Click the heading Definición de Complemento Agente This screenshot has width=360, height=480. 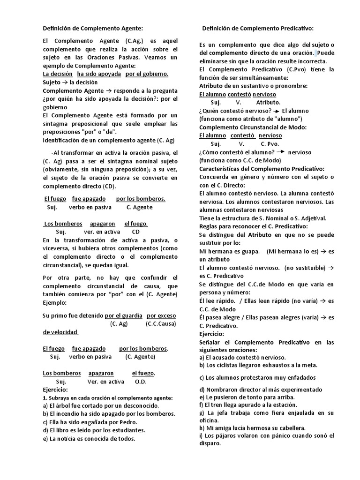(x=92, y=29)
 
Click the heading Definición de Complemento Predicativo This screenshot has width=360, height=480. (x=257, y=29)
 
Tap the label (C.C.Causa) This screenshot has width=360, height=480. (x=161, y=323)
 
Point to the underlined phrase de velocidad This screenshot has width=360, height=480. (x=60, y=332)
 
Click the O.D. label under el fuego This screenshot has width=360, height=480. (x=141, y=382)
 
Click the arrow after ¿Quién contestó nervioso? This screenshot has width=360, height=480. (x=277, y=111)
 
